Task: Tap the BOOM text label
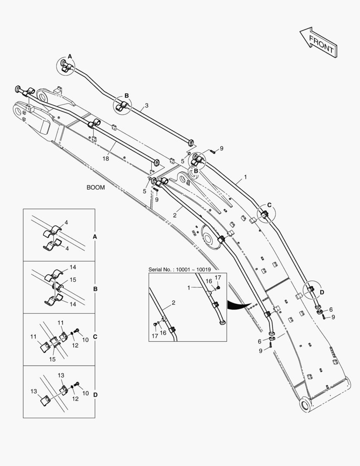pos(96,188)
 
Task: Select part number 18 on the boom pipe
pos(106,158)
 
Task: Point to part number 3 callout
pos(147,105)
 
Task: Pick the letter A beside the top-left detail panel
pos(95,236)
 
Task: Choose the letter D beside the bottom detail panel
pos(95,394)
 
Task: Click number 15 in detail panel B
pos(73,280)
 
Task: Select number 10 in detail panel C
pos(85,340)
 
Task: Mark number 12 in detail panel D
pos(75,399)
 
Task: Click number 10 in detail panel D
pos(85,393)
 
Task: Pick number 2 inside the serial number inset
pos(173,303)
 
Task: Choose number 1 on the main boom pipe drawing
pos(245,176)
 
